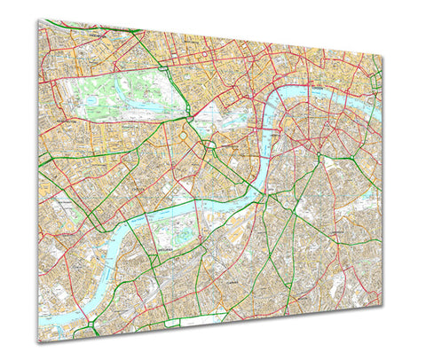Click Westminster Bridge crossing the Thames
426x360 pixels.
264,138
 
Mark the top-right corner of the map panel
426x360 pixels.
383,56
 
